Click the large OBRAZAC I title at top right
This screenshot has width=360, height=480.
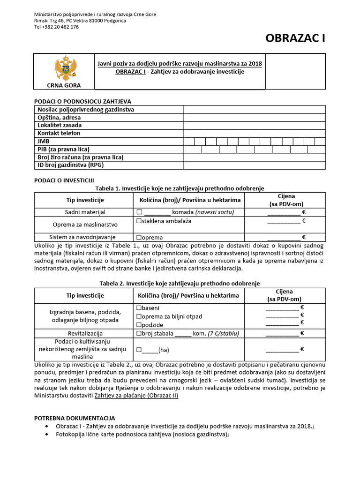pyautogui.click(x=295, y=38)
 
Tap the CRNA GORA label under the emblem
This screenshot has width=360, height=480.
pyautogui.click(x=63, y=85)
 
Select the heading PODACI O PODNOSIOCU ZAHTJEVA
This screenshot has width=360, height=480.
pyautogui.click(x=83, y=101)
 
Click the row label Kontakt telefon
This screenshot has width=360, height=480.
pyautogui.click(x=59, y=133)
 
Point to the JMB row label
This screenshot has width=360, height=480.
pyautogui.click(x=44, y=141)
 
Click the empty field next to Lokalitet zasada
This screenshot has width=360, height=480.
pyautogui.click(x=254, y=125)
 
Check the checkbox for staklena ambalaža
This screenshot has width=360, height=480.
pyautogui.click(x=139, y=221)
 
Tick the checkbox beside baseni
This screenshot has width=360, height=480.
pyautogui.click(x=139, y=308)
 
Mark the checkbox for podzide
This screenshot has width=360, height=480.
pyautogui.click(x=139, y=325)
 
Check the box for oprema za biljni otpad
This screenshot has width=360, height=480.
pyautogui.click(x=139, y=316)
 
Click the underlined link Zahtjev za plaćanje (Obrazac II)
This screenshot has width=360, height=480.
pyautogui.click(x=136, y=396)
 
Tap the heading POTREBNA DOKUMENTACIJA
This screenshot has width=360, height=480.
pyautogui.click(x=75, y=418)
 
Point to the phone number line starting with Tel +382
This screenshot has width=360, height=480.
pyautogui.click(x=56, y=27)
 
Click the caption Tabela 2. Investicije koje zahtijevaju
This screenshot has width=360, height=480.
pyautogui.click(x=180, y=283)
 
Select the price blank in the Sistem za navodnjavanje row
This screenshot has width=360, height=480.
pyautogui.click(x=284, y=237)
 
